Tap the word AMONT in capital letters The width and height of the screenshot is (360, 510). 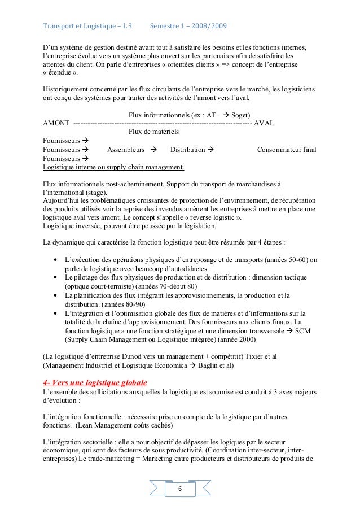[x=56, y=124]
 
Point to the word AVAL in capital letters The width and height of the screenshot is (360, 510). [x=265, y=124]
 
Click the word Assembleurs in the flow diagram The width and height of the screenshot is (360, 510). [x=125, y=150]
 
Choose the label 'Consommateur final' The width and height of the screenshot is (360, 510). [x=287, y=150]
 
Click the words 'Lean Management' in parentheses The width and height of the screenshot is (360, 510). [x=105, y=425]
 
